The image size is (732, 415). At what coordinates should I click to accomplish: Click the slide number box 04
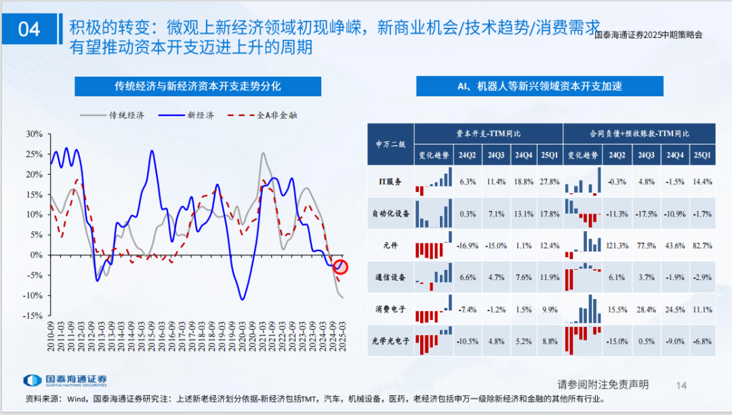click(30, 29)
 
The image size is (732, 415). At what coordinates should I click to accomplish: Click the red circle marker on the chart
click(340, 267)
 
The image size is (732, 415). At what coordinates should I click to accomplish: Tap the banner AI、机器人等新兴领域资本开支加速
click(540, 86)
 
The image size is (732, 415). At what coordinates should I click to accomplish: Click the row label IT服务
click(390, 182)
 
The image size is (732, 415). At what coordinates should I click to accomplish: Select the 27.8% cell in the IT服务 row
click(550, 182)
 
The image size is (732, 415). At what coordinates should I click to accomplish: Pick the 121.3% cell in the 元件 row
click(617, 245)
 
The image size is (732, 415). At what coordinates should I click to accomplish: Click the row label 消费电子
click(390, 309)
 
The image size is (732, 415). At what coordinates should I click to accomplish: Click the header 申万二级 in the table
click(390, 144)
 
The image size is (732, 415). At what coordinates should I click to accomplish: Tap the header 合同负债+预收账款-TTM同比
click(640, 134)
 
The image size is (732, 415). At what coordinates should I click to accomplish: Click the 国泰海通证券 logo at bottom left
click(65, 381)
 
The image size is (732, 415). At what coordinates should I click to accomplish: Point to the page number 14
click(682, 384)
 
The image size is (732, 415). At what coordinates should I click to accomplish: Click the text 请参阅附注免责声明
click(603, 384)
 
